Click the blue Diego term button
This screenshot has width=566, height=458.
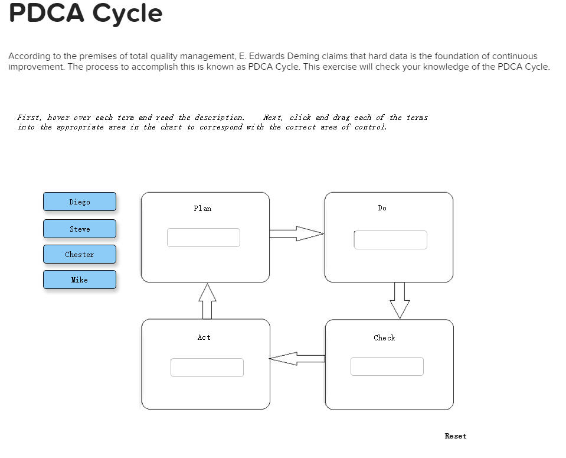[80, 202]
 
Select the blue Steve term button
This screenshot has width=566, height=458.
[80, 229]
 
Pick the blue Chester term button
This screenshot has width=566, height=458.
[80, 254]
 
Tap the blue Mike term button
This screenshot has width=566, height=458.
[80, 280]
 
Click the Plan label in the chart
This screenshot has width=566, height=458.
[202, 208]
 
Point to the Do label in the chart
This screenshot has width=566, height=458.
[382, 208]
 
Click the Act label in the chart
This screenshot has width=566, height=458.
[204, 337]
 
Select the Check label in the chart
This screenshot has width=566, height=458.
[384, 337]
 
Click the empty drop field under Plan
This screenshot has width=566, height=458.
[204, 238]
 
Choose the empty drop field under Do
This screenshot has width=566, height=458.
[390, 240]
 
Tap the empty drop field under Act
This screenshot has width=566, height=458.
[207, 367]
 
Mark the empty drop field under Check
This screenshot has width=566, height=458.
[387, 366]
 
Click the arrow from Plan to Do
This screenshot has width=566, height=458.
[297, 233]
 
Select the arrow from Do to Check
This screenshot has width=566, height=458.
[400, 300]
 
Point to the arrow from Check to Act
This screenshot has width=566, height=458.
[297, 358]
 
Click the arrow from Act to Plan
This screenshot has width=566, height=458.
[207, 301]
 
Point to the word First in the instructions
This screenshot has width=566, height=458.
[30, 118]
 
